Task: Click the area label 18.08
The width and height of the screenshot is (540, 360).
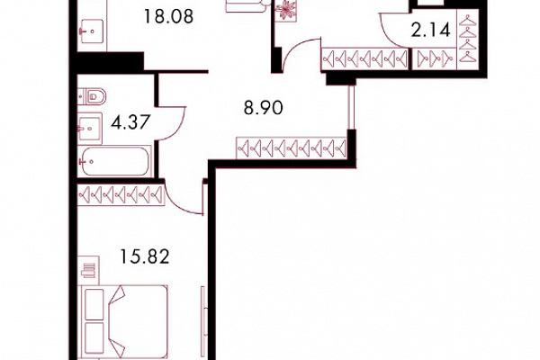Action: pos(168,16)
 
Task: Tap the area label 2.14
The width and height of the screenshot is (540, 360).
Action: pos(431,31)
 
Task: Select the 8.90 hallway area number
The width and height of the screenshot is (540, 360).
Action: pos(264,107)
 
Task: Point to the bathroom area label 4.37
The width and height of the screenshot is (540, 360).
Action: pos(130,122)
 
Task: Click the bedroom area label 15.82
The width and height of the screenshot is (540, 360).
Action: pos(145,256)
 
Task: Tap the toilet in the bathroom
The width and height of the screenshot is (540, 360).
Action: pos(92,95)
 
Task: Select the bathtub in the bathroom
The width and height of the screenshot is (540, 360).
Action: pos(114,161)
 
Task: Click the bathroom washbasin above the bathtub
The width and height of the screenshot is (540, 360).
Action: pos(90,128)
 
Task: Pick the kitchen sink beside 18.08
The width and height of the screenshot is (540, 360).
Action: pos(92,31)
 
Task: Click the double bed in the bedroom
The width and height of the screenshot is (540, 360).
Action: pos(123,322)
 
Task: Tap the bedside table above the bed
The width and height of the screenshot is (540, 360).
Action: pos(88,270)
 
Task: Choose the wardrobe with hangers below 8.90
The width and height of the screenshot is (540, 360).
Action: pos(292,148)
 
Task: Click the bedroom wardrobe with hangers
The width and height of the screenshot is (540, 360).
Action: pos(121,195)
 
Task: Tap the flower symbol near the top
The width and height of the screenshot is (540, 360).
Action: pos(286,10)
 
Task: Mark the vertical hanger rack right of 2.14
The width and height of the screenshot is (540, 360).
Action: pos(468,40)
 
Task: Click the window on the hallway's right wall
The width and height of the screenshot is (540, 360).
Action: pos(351,107)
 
